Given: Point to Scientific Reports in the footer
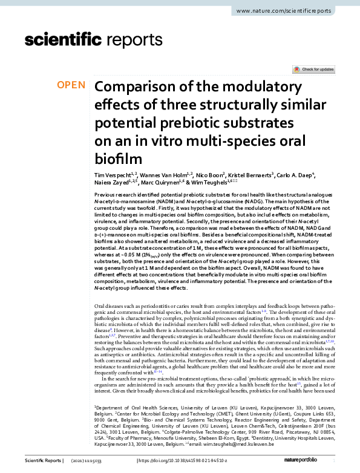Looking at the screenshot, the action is [x=42, y=463].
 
